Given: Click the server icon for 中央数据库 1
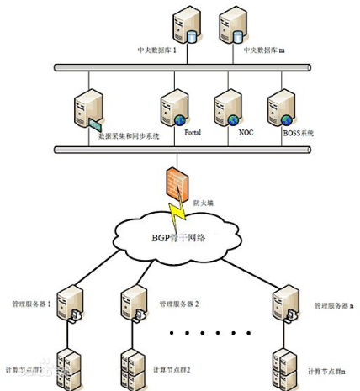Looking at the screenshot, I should coord(183,26).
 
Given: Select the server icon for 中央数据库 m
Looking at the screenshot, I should coord(231,26).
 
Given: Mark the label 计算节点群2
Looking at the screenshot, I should coord(172,370).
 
